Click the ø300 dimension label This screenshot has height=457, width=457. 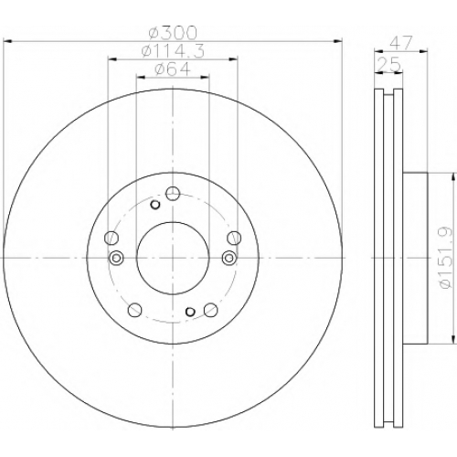coord(173,33)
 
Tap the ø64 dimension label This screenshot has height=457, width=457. coord(173,69)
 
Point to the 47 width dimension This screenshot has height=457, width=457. coord(400,43)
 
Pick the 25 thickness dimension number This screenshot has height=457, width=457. coord(388,64)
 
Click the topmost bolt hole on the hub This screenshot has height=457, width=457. coord(173,194)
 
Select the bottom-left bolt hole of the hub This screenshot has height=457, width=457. coord(134,310)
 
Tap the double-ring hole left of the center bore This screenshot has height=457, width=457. coord(116,258)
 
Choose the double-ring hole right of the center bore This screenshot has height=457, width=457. coord(228,258)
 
